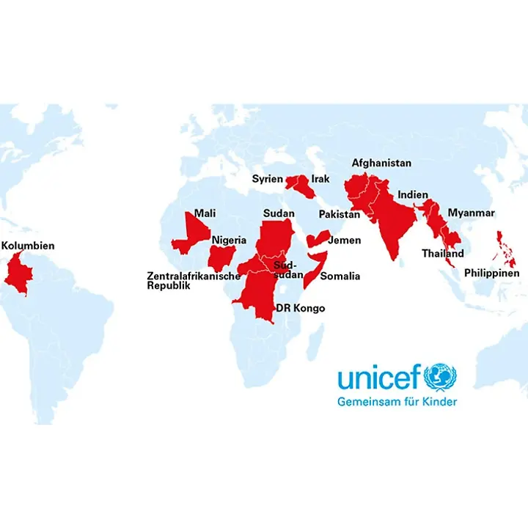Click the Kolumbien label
pyautogui.click(x=28, y=246)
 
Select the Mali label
pyautogui.click(x=205, y=214)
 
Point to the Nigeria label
pyautogui.click(x=230, y=240)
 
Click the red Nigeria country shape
pyautogui.click(x=221, y=257)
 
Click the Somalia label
pyautogui.click(x=340, y=276)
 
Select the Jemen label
pyautogui.click(x=345, y=240)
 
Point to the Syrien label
pyautogui.click(x=267, y=179)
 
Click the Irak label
pyautogui.click(x=320, y=179)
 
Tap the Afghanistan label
pyautogui.click(x=381, y=163)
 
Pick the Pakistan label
pyautogui.click(x=340, y=214)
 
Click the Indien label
pyautogui.click(x=413, y=195)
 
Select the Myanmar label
pyautogui.click(x=472, y=213)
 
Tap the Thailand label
pyautogui.click(x=442, y=254)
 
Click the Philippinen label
pyautogui.click(x=491, y=274)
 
